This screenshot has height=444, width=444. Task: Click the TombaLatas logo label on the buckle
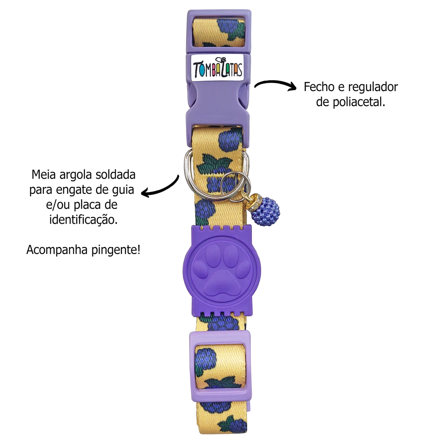click(x=217, y=68)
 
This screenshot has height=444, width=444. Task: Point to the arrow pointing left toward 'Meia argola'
click(x=161, y=187)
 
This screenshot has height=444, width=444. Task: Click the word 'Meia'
click(x=44, y=175)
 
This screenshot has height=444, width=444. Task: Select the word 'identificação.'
click(x=83, y=220)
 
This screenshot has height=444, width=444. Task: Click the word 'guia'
click(x=123, y=190)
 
